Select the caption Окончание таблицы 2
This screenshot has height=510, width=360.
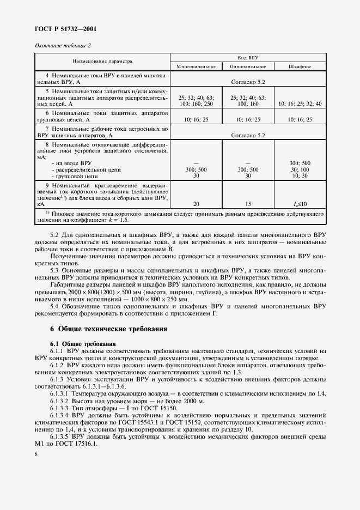[63, 45]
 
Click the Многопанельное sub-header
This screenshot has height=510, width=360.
[196, 66]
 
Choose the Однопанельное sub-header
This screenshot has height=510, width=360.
[248, 66]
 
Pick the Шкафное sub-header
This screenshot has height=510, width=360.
[300, 66]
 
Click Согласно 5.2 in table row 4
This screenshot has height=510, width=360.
[248, 81]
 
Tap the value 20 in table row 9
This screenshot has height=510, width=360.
[196, 203]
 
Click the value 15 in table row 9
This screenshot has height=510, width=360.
[248, 203]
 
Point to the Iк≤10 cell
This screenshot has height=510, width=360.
[300, 203]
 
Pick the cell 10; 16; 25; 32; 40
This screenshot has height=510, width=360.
[300, 104]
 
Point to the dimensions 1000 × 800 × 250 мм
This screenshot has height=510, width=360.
[161, 299]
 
